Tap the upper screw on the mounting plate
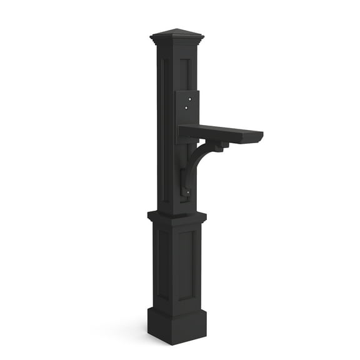click(186, 98)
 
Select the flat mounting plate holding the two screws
click(187, 106)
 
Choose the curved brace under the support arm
click(199, 159)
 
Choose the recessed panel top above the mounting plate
click(185, 69)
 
